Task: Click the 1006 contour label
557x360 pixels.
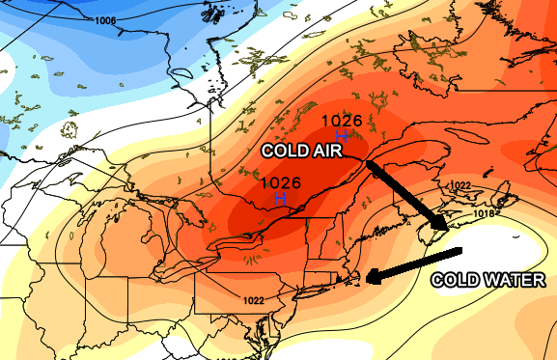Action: coord(106,20)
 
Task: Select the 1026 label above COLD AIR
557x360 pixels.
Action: coord(342,121)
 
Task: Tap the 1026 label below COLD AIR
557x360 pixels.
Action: coord(281,182)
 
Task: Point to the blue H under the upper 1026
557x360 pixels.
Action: coord(342,136)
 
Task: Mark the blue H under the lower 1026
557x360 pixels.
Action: coord(281,198)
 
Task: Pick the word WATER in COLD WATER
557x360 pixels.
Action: coord(515,281)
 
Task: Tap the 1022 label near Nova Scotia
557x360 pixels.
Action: coord(460,185)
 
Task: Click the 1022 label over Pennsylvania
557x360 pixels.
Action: coord(253,300)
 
